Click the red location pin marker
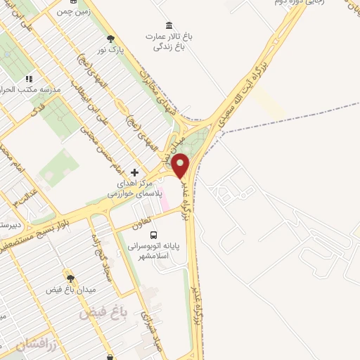pyautogui.click(x=181, y=165)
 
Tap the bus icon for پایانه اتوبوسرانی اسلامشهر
pyautogui.click(x=153, y=236)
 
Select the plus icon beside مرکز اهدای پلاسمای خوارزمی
pyautogui.click(x=134, y=172)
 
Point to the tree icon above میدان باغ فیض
pyautogui.click(x=70, y=278)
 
